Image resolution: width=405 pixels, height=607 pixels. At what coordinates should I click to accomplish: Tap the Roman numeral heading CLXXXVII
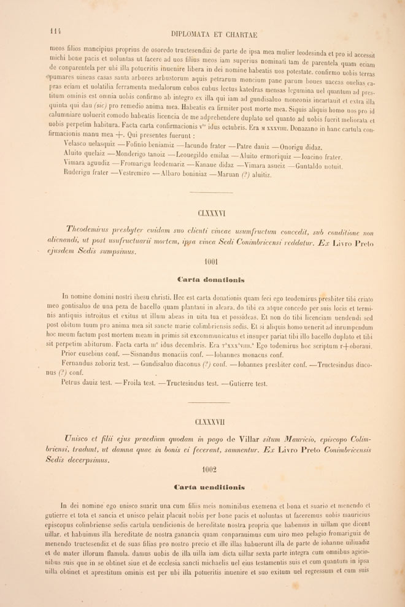coord(210,422)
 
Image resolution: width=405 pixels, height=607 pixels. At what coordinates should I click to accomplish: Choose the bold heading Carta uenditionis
coord(210,487)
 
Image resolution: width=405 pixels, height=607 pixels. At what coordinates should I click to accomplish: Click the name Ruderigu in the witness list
coord(79,173)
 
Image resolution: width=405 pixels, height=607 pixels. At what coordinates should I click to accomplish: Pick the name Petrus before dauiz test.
coord(74,383)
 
